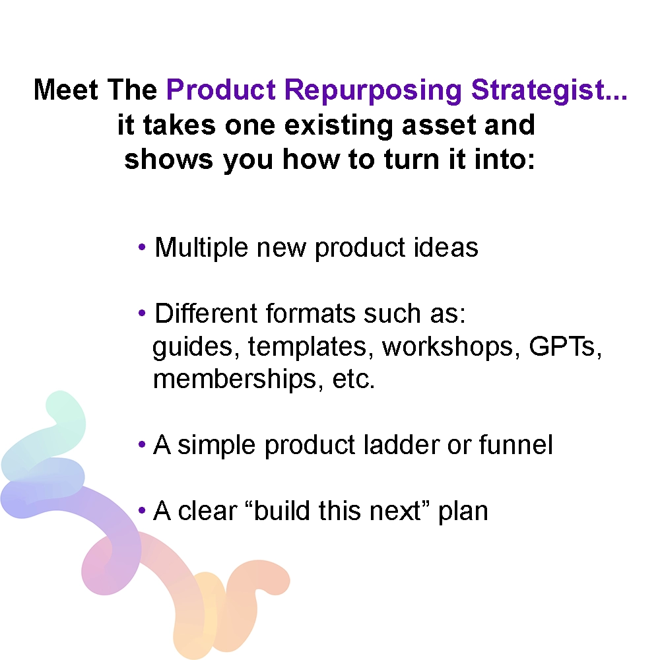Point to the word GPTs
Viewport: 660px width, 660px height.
point(565,346)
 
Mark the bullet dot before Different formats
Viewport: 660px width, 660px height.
point(142,313)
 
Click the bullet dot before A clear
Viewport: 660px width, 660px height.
point(142,511)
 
